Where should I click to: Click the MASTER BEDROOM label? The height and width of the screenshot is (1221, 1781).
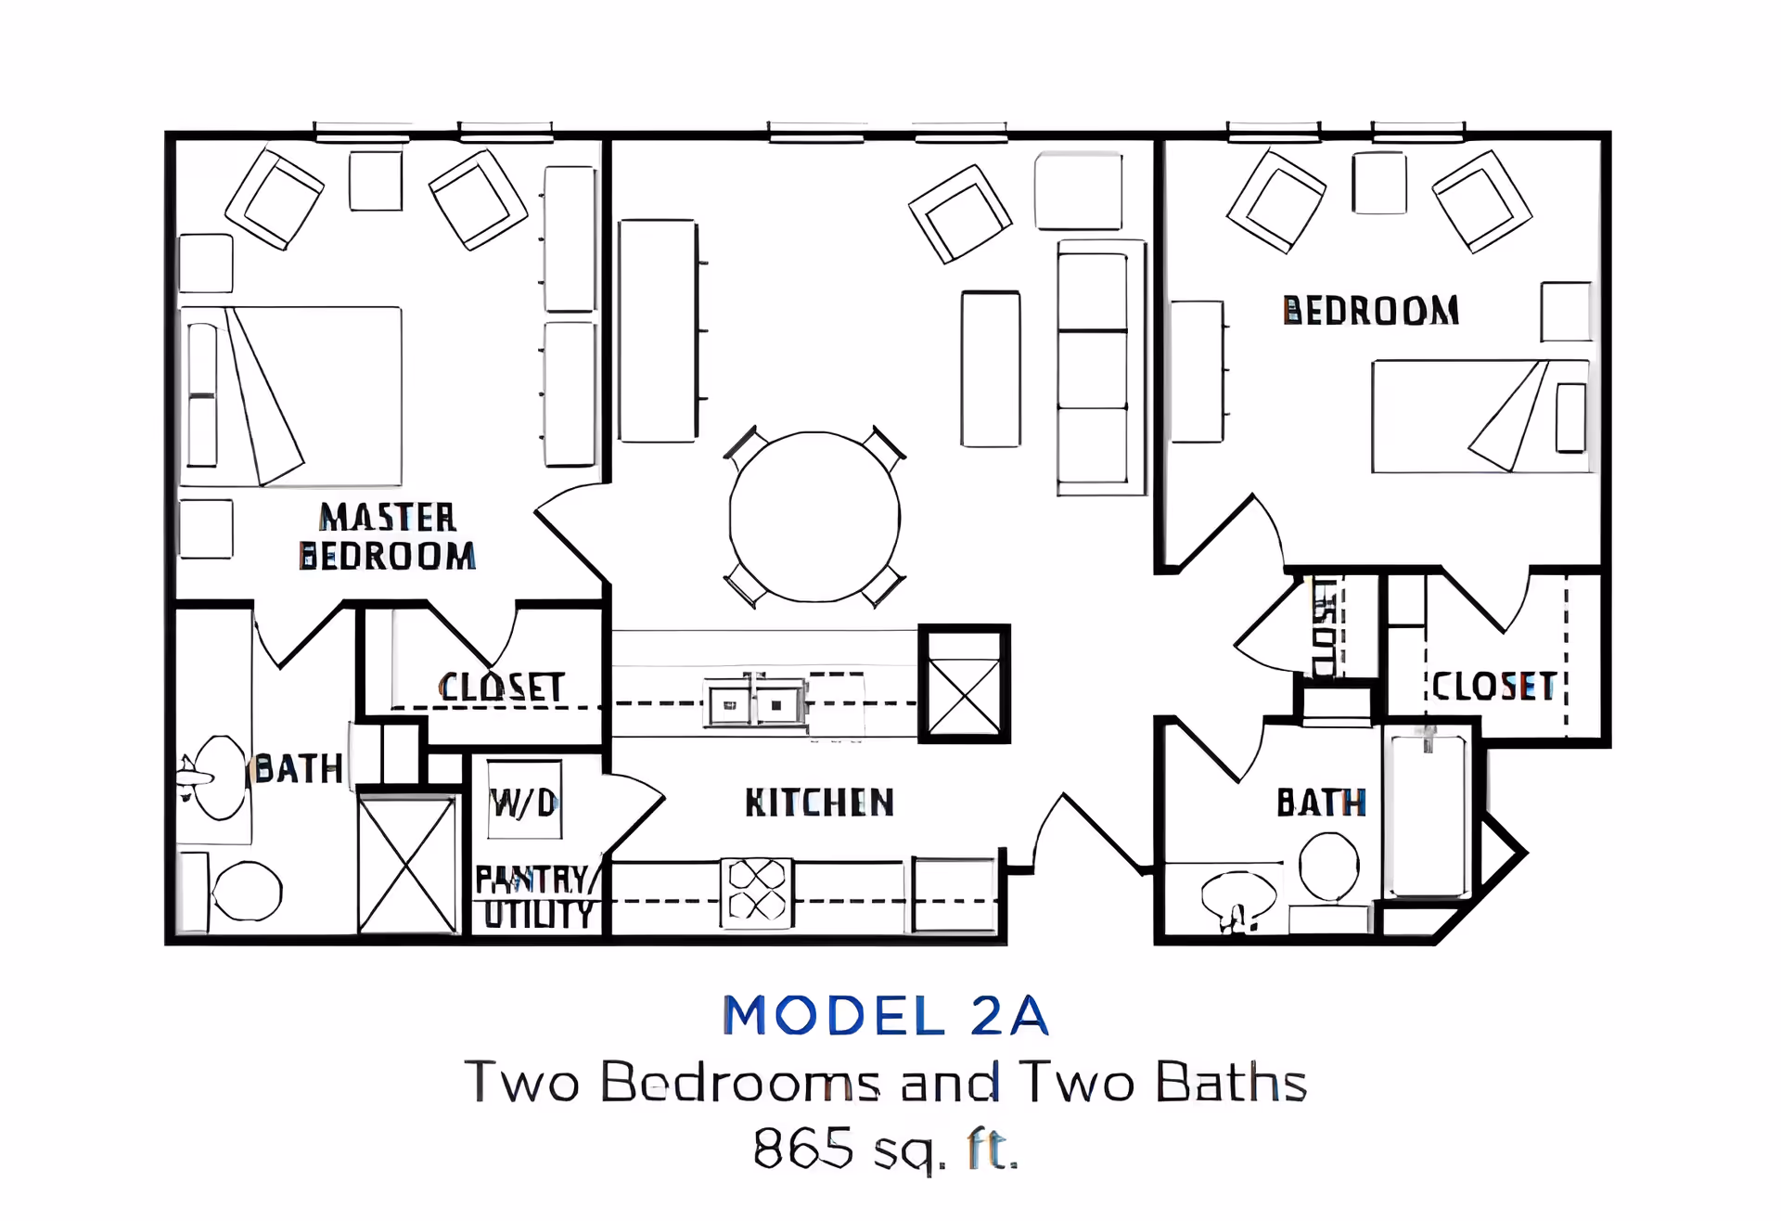click(388, 536)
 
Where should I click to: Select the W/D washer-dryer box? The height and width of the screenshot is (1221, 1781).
click(525, 801)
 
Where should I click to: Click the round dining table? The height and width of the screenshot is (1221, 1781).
click(814, 517)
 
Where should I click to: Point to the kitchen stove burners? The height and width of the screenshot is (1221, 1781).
click(757, 893)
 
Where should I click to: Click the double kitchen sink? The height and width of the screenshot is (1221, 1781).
click(755, 704)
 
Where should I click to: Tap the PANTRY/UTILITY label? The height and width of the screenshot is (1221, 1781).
click(535, 897)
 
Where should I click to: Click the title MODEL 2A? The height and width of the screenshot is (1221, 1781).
click(886, 1015)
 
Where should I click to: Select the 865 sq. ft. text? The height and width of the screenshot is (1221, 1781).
click(886, 1149)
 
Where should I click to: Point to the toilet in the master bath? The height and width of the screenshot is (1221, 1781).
click(232, 891)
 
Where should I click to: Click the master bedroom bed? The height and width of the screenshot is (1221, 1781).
click(290, 396)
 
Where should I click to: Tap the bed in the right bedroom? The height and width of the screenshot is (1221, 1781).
click(1481, 417)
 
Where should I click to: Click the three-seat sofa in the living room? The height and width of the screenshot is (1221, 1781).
click(1101, 367)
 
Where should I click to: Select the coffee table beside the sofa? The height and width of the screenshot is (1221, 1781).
click(991, 369)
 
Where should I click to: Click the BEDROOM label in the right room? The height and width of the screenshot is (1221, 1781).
click(1371, 311)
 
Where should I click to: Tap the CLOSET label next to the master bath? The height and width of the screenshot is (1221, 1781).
click(502, 688)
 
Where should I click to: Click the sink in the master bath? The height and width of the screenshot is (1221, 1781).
click(215, 778)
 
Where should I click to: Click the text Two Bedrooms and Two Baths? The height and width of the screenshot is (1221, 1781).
click(886, 1082)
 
